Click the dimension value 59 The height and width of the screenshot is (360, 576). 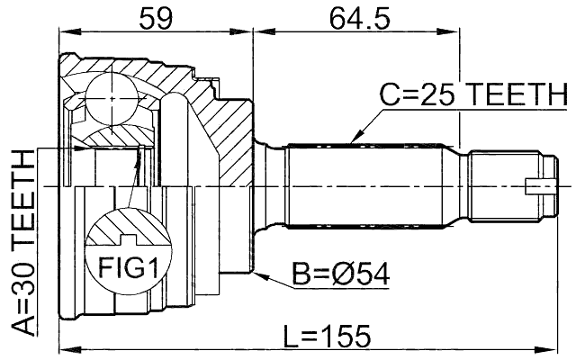pos(157,16)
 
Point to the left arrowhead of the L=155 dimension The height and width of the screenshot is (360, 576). pos(63,348)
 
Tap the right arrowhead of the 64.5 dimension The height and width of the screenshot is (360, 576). pos(455,33)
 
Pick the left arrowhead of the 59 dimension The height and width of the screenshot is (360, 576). pos(63,33)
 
